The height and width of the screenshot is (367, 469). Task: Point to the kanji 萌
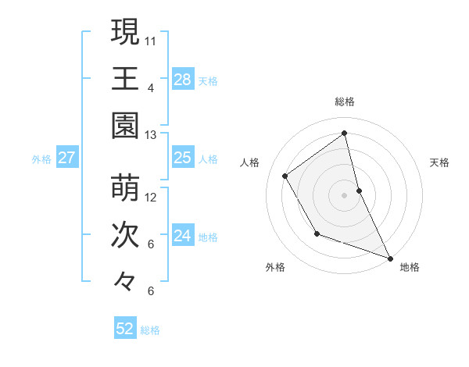[x=125, y=188]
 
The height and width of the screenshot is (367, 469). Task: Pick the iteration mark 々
[x=125, y=281]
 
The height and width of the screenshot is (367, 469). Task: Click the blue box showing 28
[x=182, y=79]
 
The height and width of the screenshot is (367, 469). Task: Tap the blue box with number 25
[x=182, y=158]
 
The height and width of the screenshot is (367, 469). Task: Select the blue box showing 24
[x=182, y=235]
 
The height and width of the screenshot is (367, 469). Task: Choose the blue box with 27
[x=66, y=158]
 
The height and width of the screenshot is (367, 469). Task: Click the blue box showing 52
[x=125, y=329]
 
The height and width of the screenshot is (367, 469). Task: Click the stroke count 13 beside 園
[x=151, y=135]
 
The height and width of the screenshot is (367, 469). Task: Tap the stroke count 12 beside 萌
[x=151, y=197]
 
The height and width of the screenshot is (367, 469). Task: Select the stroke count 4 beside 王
[x=151, y=87]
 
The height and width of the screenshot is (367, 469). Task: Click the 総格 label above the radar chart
[x=345, y=102]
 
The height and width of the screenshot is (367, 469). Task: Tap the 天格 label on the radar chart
[x=440, y=162]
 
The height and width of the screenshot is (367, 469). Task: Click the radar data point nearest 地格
[x=391, y=258]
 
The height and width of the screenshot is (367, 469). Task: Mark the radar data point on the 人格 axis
[x=285, y=176]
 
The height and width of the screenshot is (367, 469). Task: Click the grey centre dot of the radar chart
[x=345, y=194]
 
